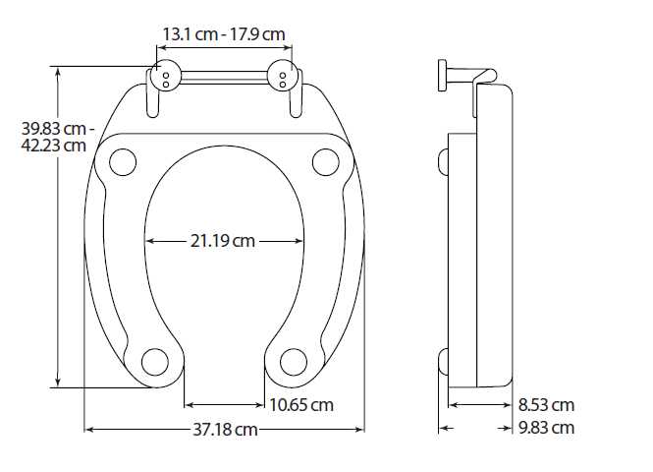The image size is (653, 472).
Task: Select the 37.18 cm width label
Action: click(x=224, y=430)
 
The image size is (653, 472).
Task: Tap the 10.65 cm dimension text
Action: click(x=300, y=405)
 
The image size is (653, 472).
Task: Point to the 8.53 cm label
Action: click(x=546, y=405)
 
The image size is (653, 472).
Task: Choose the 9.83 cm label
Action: click(x=546, y=428)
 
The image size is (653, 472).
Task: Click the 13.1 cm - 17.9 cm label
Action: click(x=224, y=34)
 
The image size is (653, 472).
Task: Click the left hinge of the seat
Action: click(x=164, y=78)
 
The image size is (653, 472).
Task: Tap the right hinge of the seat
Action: click(x=286, y=78)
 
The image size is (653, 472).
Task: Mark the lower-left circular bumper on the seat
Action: click(x=154, y=361)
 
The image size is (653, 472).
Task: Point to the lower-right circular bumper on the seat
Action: click(x=294, y=361)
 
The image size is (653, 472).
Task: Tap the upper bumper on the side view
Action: click(x=442, y=162)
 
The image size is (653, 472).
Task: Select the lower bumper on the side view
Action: click(x=442, y=362)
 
